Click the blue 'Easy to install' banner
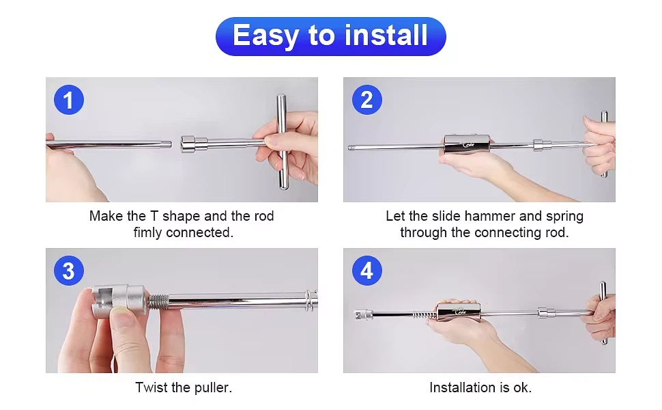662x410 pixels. pyautogui.click(x=330, y=36)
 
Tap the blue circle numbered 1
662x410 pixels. pyautogui.click(x=69, y=100)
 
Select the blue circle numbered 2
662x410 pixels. pyautogui.click(x=367, y=100)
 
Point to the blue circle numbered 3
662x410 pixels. pyautogui.click(x=69, y=271)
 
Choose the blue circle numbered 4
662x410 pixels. pyautogui.click(x=367, y=271)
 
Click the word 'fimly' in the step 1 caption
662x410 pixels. pyautogui.click(x=148, y=233)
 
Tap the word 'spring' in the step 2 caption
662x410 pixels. pyautogui.click(x=564, y=217)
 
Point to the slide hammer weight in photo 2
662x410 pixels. pyautogui.click(x=467, y=144)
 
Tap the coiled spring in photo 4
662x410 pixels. pyautogui.click(x=424, y=315)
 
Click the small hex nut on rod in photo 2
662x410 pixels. pyautogui.click(x=543, y=145)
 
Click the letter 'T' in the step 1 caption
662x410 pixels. pyautogui.click(x=154, y=217)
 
